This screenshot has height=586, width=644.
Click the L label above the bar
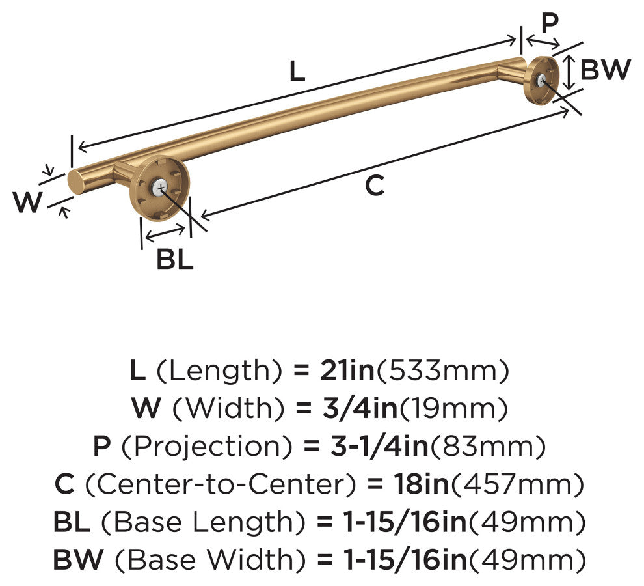297,71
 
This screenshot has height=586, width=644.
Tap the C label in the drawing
374,185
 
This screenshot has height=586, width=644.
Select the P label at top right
550,23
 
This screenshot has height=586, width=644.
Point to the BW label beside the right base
605,69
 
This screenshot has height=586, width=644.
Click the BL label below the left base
174,259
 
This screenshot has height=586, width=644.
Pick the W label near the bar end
27,201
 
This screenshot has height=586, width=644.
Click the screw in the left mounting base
160,188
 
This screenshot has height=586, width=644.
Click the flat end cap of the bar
75,182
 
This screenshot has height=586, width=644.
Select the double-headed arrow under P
543,41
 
